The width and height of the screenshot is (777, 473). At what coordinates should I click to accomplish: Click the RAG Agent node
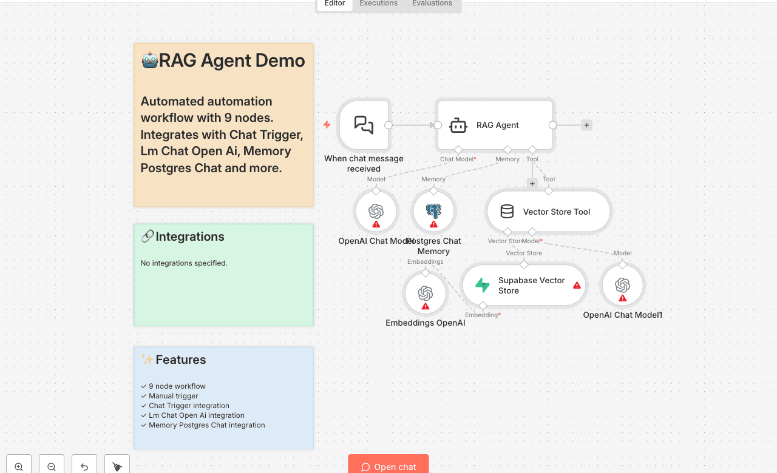pyautogui.click(x=495, y=126)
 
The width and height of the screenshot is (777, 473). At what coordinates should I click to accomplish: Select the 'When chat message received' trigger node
pyautogui.click(x=364, y=126)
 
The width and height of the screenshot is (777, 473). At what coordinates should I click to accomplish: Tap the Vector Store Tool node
pyautogui.click(x=548, y=212)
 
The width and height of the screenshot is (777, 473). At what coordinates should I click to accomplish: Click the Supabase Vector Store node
pyautogui.click(x=523, y=285)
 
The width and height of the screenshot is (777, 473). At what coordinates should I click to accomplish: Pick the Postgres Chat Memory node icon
pyautogui.click(x=433, y=212)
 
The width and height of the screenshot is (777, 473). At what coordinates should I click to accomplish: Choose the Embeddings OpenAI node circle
pyautogui.click(x=426, y=294)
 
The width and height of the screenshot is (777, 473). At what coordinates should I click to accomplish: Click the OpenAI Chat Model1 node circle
pyautogui.click(x=622, y=285)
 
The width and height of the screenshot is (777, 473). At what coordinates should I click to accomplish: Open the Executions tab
pyautogui.click(x=378, y=4)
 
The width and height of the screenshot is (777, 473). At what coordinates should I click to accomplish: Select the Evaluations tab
pyautogui.click(x=432, y=4)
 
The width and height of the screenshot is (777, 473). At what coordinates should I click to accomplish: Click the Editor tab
pyautogui.click(x=334, y=4)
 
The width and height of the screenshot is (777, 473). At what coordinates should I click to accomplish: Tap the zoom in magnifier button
pyautogui.click(x=19, y=466)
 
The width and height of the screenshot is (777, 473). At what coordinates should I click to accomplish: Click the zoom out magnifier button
pyautogui.click(x=52, y=466)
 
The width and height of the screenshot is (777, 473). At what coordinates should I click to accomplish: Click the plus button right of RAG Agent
pyautogui.click(x=586, y=126)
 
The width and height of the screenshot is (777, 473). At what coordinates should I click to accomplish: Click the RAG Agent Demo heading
pyautogui.click(x=223, y=61)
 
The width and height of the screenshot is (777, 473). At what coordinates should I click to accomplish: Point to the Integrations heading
pyautogui.click(x=189, y=236)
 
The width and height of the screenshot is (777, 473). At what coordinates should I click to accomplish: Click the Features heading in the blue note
pyautogui.click(x=180, y=360)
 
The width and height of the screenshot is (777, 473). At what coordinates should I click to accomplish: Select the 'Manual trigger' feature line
pyautogui.click(x=174, y=396)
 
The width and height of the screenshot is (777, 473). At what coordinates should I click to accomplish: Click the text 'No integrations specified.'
pyautogui.click(x=184, y=263)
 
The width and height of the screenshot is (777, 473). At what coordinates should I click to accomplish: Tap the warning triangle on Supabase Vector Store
pyautogui.click(x=577, y=285)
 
